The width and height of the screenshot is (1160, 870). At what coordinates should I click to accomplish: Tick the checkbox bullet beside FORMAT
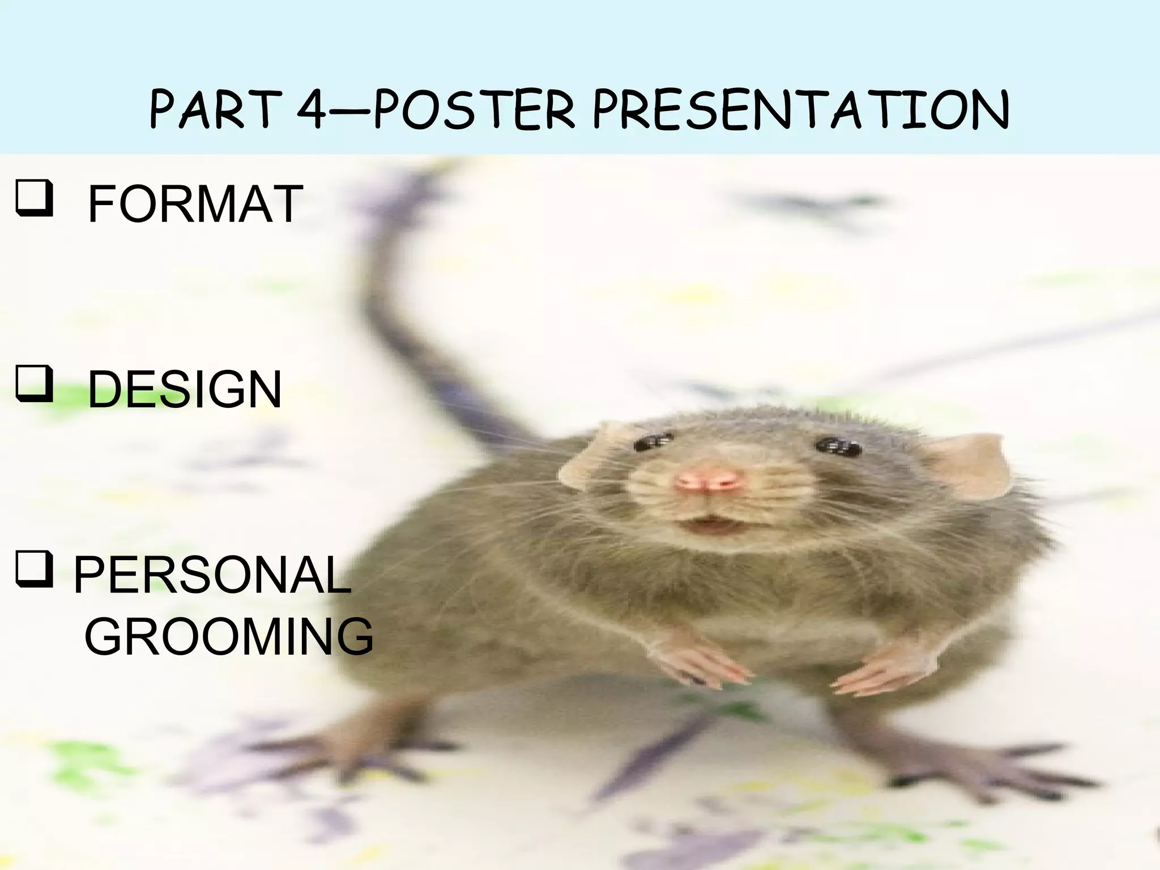pyautogui.click(x=35, y=199)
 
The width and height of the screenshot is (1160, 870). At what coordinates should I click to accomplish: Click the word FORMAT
pyautogui.click(x=195, y=204)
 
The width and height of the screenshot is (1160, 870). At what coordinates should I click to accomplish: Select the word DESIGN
pyautogui.click(x=185, y=390)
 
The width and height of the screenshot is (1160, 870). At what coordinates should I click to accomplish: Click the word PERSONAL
pyautogui.click(x=212, y=575)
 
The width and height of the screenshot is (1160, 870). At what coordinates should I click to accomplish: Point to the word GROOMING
pyautogui.click(x=229, y=637)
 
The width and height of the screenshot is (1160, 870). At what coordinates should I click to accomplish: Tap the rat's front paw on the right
pyautogui.click(x=884, y=668)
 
